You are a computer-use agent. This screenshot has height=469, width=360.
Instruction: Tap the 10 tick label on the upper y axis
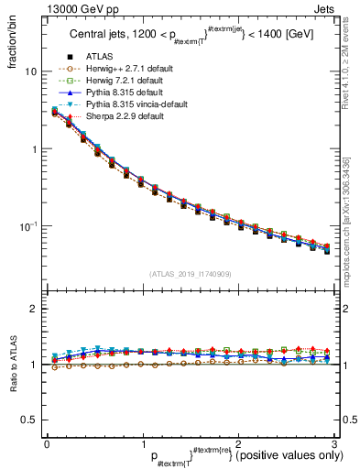click(x=29, y=71)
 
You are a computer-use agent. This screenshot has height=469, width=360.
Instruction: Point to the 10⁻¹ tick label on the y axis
click(x=27, y=224)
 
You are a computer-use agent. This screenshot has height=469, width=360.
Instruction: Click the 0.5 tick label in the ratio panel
click(x=27, y=420)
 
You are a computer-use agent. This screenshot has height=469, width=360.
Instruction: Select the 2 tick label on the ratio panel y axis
click(x=33, y=310)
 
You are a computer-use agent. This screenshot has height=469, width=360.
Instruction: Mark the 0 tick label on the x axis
click(x=47, y=443)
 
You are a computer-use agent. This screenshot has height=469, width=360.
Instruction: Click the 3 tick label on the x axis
click(x=334, y=443)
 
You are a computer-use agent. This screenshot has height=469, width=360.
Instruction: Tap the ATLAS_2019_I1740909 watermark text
click(x=190, y=274)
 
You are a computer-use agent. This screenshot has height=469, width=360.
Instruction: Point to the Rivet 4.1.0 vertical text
click(x=352, y=73)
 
